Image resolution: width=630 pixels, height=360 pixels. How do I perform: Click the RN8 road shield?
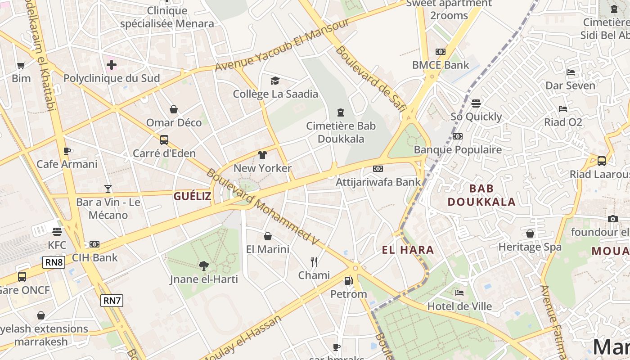click(54, 262)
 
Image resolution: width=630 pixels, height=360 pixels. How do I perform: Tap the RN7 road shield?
click(112, 301)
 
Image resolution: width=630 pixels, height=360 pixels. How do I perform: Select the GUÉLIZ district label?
click(192, 196)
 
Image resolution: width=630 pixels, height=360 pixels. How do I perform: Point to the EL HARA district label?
click(408, 250)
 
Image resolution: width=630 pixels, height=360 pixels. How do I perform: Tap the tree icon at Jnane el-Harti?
click(204, 265)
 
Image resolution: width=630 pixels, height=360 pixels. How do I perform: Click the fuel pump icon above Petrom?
click(348, 281)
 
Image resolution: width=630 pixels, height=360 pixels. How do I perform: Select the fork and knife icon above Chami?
click(314, 261)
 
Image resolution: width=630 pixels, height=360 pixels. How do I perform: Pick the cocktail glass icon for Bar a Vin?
click(108, 189)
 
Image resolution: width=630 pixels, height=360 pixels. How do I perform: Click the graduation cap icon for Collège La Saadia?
click(275, 81)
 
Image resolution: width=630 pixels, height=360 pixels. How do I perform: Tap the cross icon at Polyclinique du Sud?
click(112, 65)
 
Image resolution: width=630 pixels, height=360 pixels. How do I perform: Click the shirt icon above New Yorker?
click(262, 155)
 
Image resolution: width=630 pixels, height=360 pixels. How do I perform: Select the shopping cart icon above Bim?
click(21, 65)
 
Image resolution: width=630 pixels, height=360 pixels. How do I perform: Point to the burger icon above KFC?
click(57, 232)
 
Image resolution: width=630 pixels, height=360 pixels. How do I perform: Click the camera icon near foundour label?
click(612, 219)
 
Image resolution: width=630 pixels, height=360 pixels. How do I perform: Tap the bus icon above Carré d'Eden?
click(164, 139)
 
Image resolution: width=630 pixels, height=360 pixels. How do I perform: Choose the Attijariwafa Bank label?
click(378, 182)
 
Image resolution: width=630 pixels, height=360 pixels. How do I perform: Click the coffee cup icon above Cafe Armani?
click(67, 151)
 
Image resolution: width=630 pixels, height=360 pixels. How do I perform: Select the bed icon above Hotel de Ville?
click(459, 293)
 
